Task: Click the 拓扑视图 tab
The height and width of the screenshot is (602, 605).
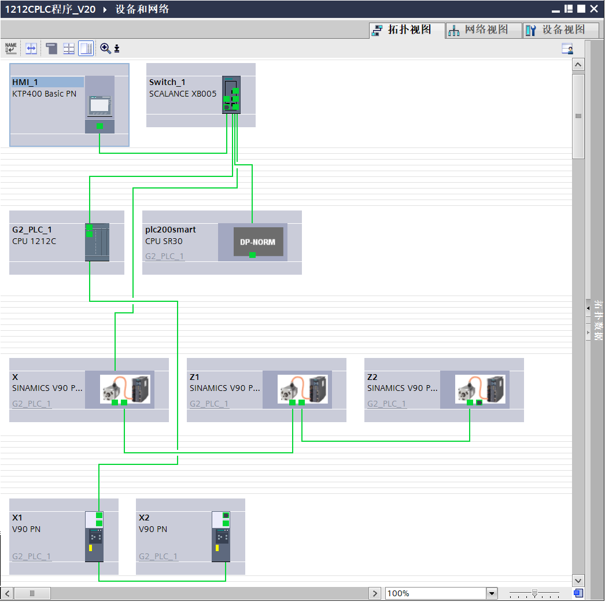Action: point(408,30)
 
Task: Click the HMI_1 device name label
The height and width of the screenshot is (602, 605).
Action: point(25,82)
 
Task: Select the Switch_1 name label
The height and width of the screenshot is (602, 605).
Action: point(167,82)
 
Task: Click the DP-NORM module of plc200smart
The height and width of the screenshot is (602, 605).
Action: point(258,242)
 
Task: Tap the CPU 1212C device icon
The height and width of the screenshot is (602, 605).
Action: point(97,242)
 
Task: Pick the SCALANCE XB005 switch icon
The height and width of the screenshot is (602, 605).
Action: point(231,94)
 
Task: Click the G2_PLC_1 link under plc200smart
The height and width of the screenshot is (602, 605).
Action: point(165,256)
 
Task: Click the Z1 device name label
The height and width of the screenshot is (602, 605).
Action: point(195,377)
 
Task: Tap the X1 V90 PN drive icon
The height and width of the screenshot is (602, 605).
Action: point(94,536)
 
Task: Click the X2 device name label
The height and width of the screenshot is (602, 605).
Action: point(145,518)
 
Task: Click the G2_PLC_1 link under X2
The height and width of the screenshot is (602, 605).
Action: point(158,556)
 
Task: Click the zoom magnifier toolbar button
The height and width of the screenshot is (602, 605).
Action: point(105,48)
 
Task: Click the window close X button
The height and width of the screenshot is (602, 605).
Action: point(594,9)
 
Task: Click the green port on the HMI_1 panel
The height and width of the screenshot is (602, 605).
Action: point(99,126)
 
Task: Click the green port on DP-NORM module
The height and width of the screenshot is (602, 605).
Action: point(252,254)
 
